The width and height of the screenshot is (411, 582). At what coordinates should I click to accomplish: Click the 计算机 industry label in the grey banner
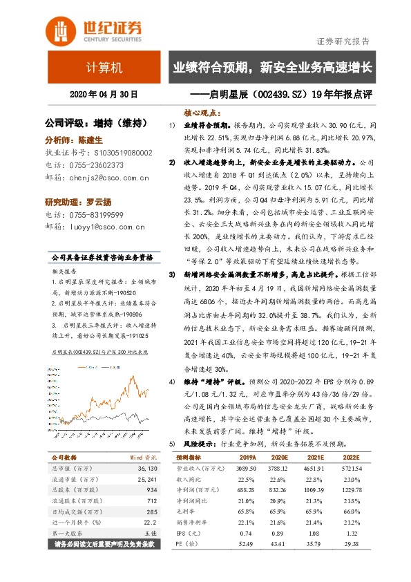104,68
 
